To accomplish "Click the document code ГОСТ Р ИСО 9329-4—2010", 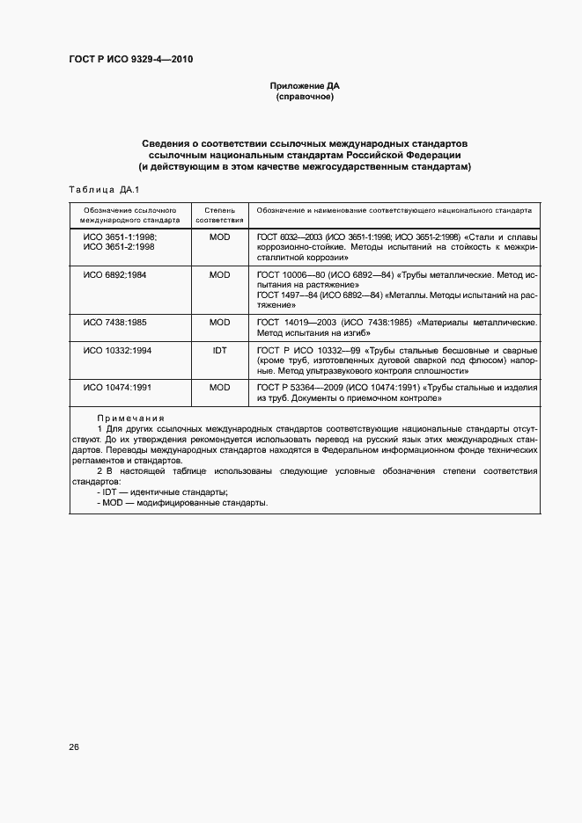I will (131, 60).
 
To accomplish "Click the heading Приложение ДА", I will (304, 85).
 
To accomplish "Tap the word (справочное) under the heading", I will (304, 97).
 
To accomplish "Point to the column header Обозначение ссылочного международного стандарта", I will (130, 215).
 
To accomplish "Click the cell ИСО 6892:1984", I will (114, 275).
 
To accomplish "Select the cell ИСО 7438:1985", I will (114, 323).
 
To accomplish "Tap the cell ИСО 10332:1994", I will (117, 350).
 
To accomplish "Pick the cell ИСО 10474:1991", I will (117, 388).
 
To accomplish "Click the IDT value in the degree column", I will (219, 350).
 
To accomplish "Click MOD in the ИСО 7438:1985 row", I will (219, 323).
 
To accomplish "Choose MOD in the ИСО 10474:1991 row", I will (219, 388).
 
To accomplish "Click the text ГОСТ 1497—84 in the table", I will (286, 295).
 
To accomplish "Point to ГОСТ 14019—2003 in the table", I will (291, 323).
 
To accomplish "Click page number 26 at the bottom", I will (74, 747).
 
